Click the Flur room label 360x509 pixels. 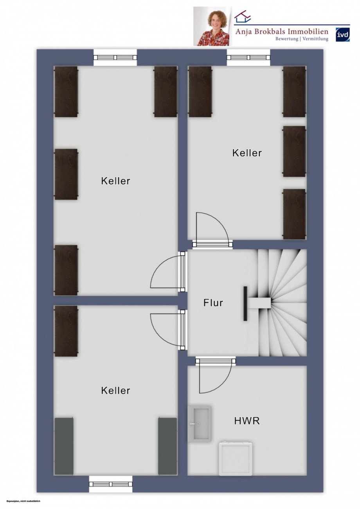(213, 303)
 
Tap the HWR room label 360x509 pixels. (247, 421)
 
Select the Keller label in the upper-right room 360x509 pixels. (247, 153)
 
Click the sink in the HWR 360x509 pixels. (200, 423)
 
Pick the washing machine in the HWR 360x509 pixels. (234, 458)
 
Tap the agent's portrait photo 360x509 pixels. (212, 27)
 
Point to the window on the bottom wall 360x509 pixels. (111, 484)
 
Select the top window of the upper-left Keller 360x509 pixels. (115, 57)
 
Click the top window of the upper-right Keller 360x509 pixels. (248, 57)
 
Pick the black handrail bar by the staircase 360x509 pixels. (245, 303)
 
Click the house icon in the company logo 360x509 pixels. (243, 17)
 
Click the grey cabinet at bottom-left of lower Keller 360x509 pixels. (64, 446)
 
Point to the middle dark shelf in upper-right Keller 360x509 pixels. (294, 151)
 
